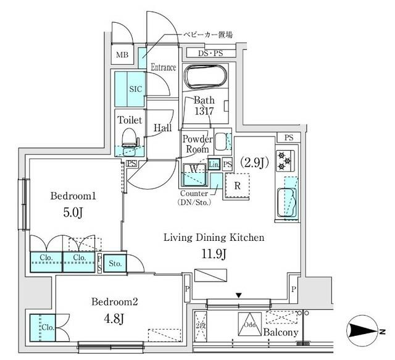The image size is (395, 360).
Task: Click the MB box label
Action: [x=123, y=56]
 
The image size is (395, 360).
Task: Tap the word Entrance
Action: [x=164, y=67]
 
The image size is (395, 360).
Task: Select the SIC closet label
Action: [x=135, y=89]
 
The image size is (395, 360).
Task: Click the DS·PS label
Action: [x=211, y=54]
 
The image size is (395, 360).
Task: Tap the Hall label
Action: [x=162, y=127]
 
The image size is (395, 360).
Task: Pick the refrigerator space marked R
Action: [x=236, y=183]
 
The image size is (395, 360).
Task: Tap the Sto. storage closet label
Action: [x=115, y=264]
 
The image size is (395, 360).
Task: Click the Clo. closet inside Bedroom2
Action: [x=45, y=328]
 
